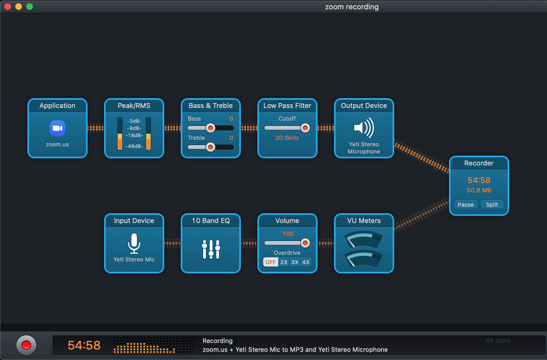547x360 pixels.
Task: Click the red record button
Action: coord(26,345)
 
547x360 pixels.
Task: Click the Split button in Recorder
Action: coord(492,204)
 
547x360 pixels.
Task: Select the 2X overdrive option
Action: coord(284,262)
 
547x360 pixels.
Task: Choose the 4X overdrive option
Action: coord(306,262)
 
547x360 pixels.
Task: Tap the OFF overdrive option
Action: coord(270,262)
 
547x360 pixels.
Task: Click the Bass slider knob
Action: coord(210,128)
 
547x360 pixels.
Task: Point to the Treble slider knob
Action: coord(210,147)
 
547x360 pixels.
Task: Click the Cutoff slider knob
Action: coord(305,128)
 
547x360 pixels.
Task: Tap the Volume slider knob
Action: coord(305,243)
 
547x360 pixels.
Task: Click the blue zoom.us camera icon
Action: coord(57,128)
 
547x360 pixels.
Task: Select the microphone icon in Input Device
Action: coord(134,243)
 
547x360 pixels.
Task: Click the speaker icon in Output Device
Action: coord(364,128)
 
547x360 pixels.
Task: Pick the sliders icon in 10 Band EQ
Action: coord(211,249)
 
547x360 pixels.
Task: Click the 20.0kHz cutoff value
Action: coord(287,138)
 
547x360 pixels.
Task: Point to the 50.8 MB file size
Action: coord(479,190)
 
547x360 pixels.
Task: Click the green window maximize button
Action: coord(30,7)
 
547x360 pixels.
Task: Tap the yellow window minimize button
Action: coord(19,7)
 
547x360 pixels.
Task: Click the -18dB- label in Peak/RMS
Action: coord(134,135)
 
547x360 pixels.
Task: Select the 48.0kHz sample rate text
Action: coord(498,341)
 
